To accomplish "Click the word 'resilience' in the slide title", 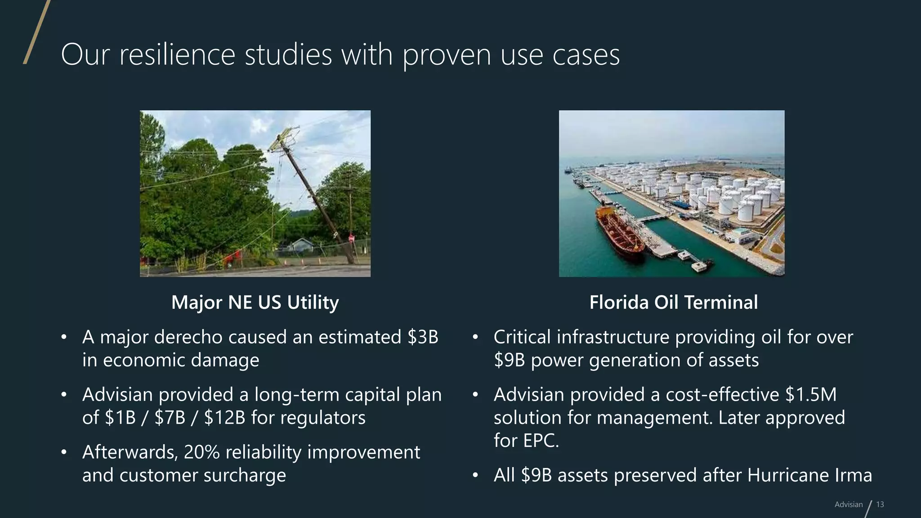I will click(x=177, y=55).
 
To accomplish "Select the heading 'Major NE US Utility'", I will click(x=255, y=302).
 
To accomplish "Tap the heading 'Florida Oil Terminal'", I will click(x=673, y=302).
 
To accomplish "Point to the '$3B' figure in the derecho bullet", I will click(x=423, y=337).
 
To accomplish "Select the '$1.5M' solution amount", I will click(x=811, y=394).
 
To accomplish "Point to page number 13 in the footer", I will click(x=880, y=505).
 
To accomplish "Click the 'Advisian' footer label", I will click(x=849, y=505).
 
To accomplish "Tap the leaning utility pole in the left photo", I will click(x=315, y=193).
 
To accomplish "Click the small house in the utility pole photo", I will click(x=300, y=246).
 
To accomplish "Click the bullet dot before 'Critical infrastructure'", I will click(x=475, y=337).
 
